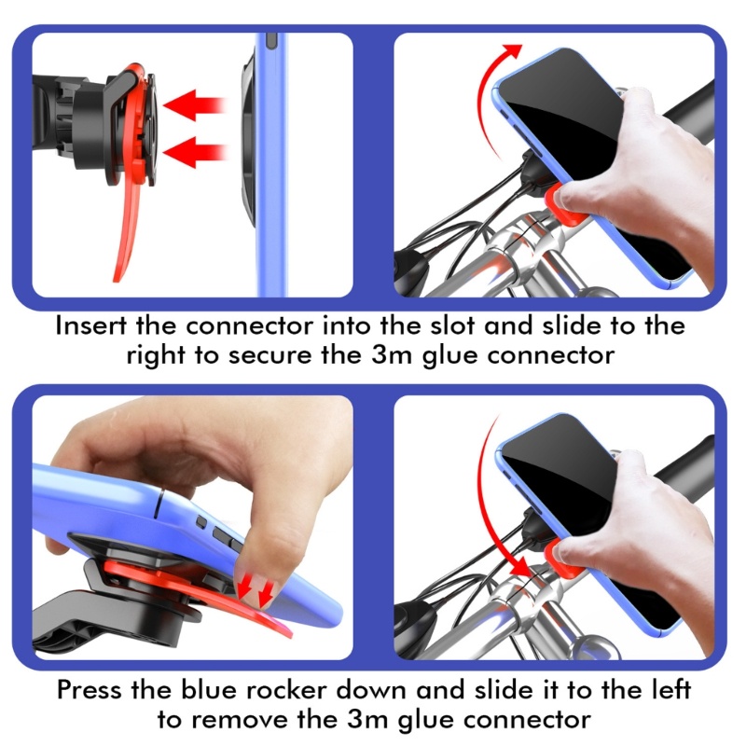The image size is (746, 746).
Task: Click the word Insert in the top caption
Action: pos(90,325)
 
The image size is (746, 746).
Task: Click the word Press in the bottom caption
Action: pos(90,690)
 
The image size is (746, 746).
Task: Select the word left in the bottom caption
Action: pos(670,690)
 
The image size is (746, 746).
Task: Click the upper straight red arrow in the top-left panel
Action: pos(194,104)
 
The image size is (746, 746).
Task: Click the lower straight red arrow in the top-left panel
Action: pos(194,152)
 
